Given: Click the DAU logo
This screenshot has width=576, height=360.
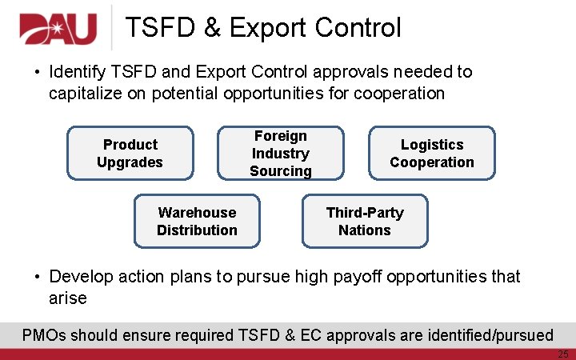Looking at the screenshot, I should tap(58, 29).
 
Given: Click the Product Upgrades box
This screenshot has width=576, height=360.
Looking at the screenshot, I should tap(130, 153).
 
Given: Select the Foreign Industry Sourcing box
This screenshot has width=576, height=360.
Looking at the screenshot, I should tap(280, 153).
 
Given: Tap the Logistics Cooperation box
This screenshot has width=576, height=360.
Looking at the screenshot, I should tap(432, 153).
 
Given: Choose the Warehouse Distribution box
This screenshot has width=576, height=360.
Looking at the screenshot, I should tap(197, 221).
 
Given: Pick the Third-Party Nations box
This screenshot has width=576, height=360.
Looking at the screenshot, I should tap(365, 221).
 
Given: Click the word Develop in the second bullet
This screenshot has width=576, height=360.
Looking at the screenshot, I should tap(81, 277).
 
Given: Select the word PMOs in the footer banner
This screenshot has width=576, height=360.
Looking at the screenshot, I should tap(44, 334).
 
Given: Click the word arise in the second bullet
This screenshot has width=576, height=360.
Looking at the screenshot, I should tap(68, 298).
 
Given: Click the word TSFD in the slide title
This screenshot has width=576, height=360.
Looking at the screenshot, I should tap(160, 28).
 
